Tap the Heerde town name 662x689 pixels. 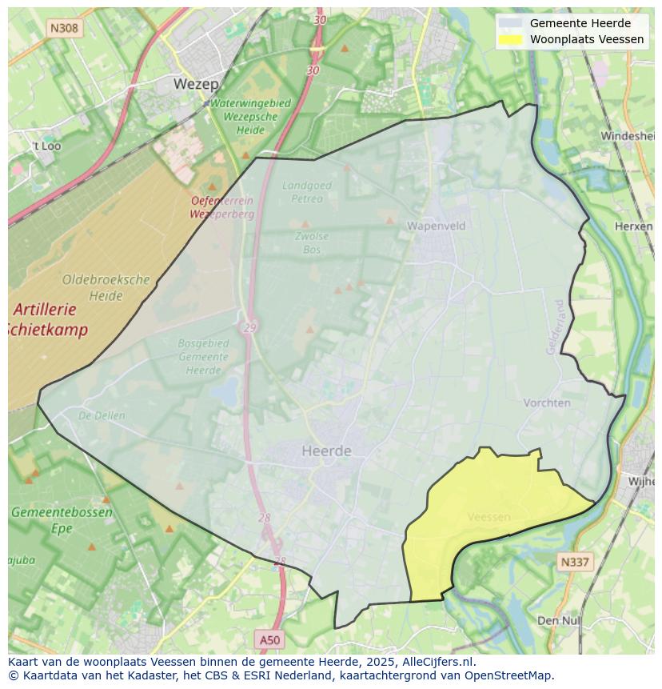pos(326,451)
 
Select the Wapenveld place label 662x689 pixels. pos(436,226)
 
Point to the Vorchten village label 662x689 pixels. pos(547,403)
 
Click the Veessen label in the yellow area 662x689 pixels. pos(489,517)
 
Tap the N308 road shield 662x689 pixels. pos(64,28)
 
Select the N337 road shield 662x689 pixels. pos(574,563)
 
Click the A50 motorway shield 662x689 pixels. pos(270,639)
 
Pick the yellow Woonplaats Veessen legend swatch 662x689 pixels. pos(510,39)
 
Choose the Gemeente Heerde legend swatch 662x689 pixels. pos(510,23)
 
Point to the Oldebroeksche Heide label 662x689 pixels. pos(106,287)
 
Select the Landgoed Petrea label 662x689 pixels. pos(307,192)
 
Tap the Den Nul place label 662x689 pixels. pos(559,620)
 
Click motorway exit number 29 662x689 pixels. pos(250,328)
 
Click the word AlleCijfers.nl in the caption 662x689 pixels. pos(438,662)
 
